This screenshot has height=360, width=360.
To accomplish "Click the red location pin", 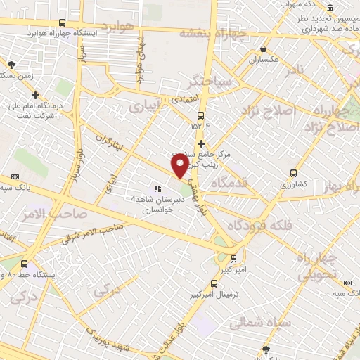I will pos(179,166).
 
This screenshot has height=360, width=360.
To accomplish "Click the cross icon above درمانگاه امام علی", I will pos(35,94).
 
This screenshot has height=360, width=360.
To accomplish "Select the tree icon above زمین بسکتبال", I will pos(11,64).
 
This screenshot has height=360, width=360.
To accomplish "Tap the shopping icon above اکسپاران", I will pos(263,49).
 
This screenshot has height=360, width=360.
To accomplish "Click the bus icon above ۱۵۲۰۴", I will pos(201,115).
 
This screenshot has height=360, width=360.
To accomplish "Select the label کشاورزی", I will pos(293,183).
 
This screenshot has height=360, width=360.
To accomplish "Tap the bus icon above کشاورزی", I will pos(293,172).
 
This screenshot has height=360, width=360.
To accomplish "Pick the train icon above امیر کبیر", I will pos(233,258).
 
